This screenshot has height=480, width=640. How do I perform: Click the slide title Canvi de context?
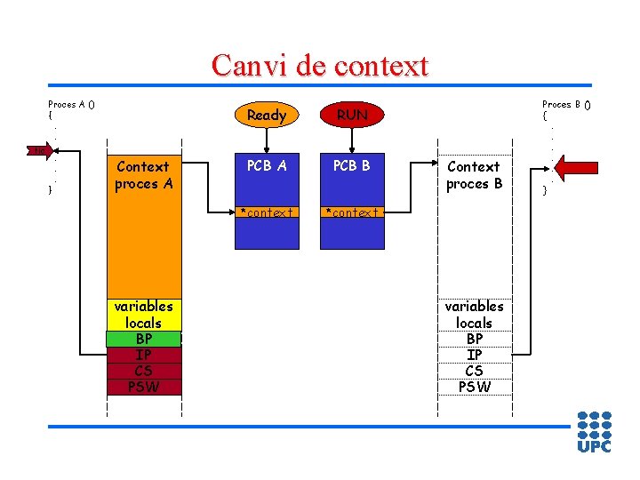pos(320,66)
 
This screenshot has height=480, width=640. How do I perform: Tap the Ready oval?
pos(266,115)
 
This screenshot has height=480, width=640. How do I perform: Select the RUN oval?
pos(352,115)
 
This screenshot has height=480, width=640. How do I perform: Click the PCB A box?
pos(266,165)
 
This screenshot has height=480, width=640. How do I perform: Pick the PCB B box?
pos(352,165)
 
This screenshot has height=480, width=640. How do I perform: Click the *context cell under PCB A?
pos(266,212)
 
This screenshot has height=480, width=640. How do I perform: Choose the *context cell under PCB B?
pos(352,212)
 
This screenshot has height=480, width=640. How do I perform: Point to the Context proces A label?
pos(143,175)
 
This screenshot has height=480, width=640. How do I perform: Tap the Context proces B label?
pos(474,175)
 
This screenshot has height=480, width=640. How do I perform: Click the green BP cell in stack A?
pos(143,339)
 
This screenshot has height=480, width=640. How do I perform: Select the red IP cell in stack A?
pos(143,355)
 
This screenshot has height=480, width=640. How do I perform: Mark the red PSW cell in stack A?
pos(143,387)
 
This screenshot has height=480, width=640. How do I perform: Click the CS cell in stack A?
pos(143,371)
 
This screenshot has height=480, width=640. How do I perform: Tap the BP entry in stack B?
pos(474,339)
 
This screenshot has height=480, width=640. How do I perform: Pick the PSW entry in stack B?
pos(474,387)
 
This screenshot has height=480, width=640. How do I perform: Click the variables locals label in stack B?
pos(474,315)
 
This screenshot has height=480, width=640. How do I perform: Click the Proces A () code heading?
pos(71,104)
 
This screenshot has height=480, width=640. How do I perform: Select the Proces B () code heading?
pos(566,104)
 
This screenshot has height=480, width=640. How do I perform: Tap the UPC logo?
pos(594,431)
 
